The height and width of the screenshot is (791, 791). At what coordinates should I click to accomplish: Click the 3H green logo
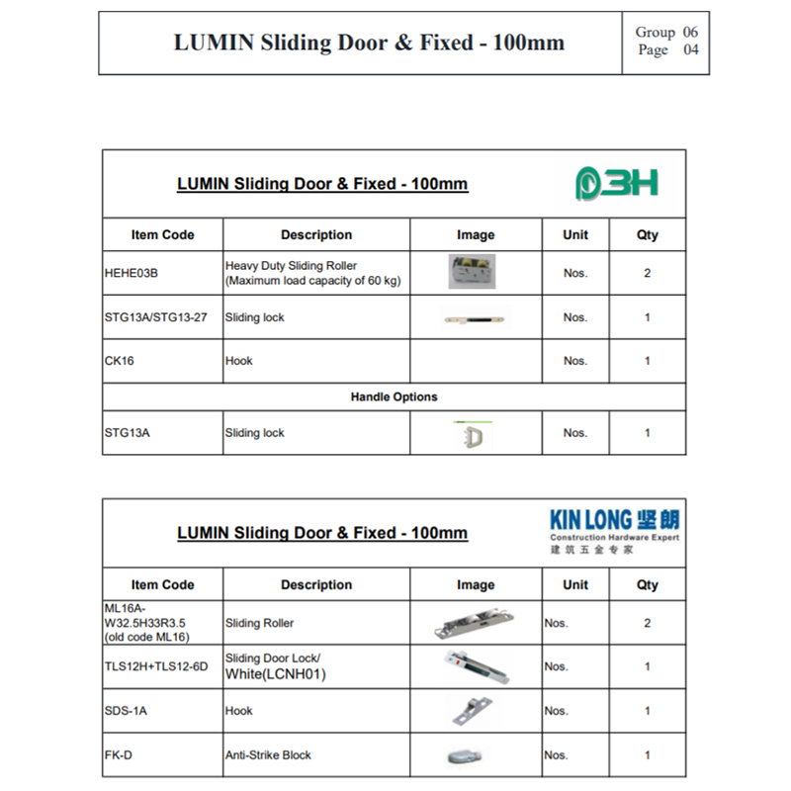[617, 183]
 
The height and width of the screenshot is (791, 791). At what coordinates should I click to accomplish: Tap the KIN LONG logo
[614, 529]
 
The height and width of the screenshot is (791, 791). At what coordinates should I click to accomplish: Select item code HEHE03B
[132, 273]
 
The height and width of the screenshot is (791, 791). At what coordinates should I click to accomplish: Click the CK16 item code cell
[119, 361]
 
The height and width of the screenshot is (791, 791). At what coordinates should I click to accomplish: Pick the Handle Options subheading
[394, 396]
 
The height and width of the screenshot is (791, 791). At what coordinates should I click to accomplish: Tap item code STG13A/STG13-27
[155, 317]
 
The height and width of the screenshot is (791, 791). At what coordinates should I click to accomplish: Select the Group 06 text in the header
[666, 33]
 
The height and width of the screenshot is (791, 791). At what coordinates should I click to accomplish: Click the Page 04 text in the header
[667, 50]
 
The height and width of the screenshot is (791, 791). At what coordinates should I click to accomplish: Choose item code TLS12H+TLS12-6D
[156, 666]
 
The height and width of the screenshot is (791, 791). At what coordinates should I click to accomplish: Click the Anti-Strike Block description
[268, 754]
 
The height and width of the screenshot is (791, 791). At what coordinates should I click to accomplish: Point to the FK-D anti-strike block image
[465, 756]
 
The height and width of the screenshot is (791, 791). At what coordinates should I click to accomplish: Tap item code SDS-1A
[125, 711]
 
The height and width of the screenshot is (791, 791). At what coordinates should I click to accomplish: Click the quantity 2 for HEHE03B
[648, 273]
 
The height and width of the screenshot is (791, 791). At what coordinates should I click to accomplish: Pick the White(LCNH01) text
[275, 674]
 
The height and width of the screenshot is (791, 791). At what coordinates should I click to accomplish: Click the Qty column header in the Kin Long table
[648, 584]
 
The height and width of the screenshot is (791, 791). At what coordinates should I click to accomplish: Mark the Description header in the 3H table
[316, 235]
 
